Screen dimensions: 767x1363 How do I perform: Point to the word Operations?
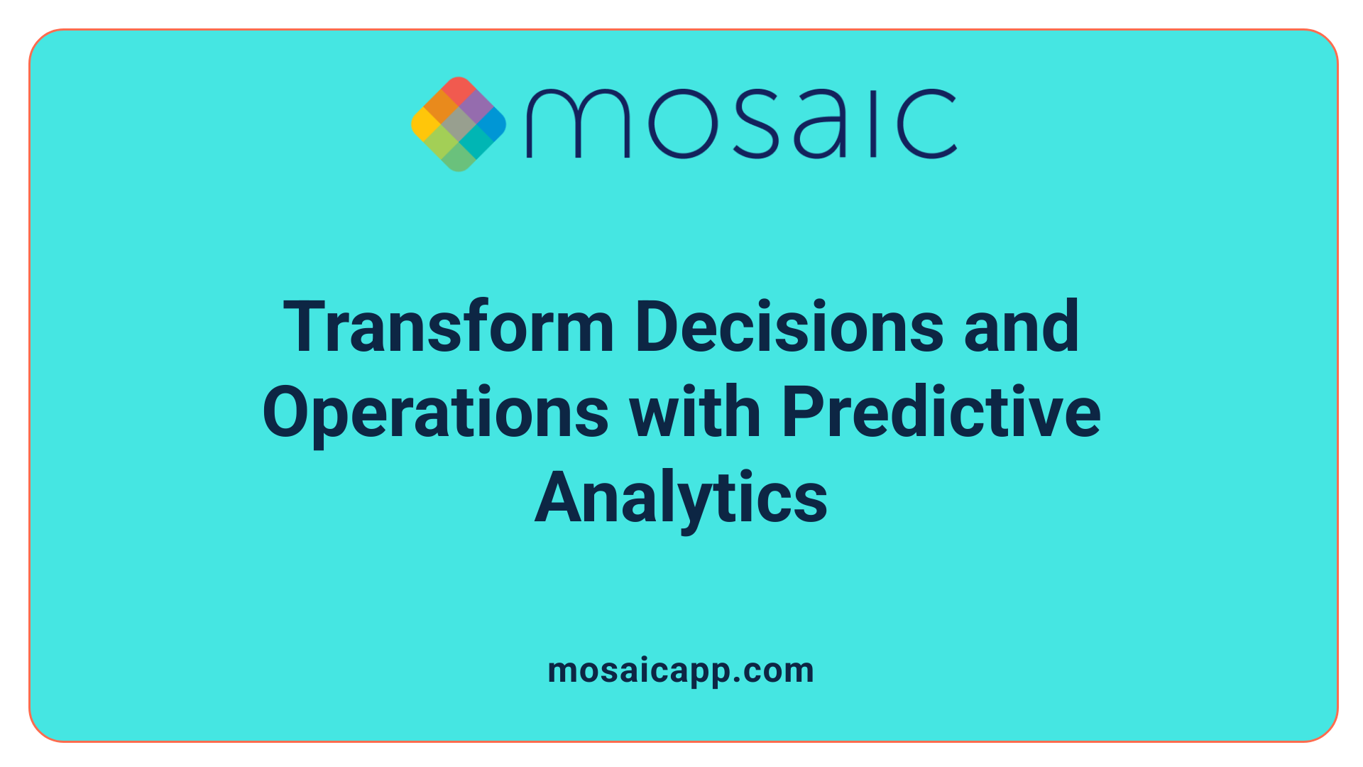435,413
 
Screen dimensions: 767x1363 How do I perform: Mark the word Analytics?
681,499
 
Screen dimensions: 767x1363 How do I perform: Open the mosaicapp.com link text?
681,671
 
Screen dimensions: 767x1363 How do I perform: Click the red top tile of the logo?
459,90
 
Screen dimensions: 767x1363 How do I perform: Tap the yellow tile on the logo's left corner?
425,124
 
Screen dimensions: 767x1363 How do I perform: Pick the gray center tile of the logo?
459,124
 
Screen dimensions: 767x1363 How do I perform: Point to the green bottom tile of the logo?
459,158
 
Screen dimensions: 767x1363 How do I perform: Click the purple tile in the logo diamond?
476,107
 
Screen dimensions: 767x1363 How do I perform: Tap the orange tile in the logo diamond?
442,107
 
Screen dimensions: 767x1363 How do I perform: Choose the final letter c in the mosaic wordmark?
927,124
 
